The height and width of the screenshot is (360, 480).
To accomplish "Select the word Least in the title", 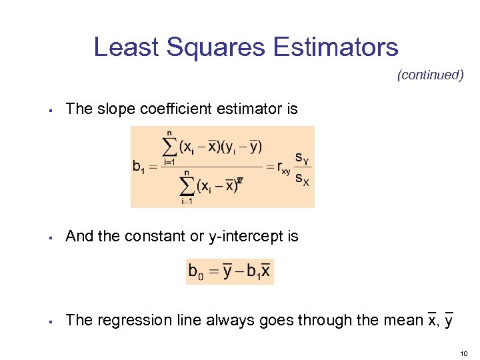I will [x=127, y=47].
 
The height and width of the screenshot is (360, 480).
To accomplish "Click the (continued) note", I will [x=430, y=75].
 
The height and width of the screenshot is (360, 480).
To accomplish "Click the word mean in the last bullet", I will [x=403, y=320].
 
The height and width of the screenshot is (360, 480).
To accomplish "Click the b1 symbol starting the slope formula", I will [x=139, y=167].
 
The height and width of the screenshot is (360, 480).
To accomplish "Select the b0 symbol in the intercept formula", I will [x=196, y=271].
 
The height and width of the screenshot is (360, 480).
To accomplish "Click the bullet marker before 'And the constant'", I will [x=51, y=237].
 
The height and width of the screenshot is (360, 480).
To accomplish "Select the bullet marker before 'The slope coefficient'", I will [x=51, y=109].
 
